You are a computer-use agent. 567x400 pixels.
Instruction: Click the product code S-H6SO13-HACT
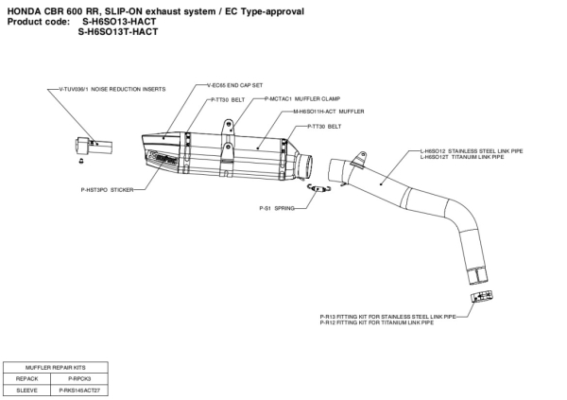click(119, 21)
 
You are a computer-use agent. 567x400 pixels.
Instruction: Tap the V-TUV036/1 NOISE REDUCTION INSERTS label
click(106, 89)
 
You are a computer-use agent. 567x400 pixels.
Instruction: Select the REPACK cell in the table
click(27, 377)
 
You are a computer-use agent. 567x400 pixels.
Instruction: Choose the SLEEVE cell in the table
click(27, 389)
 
